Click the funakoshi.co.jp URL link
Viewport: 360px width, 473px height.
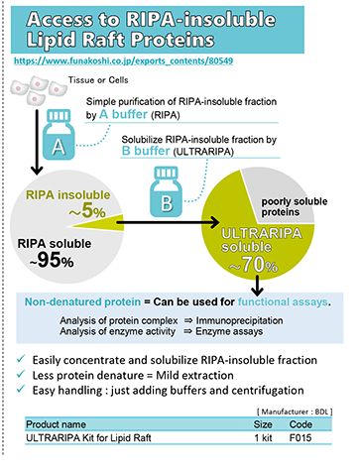(x=123, y=60)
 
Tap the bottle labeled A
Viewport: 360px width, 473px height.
(x=59, y=135)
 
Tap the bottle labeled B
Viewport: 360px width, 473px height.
(x=166, y=191)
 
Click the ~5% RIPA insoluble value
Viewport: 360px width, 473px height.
(x=87, y=210)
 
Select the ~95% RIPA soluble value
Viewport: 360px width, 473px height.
(x=52, y=260)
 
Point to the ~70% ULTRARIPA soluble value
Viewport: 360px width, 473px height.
(x=254, y=265)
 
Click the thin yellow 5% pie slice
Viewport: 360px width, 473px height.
(x=96, y=223)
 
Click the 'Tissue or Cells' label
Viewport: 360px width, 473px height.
(x=98, y=80)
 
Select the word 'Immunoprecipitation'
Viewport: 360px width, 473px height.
(x=239, y=320)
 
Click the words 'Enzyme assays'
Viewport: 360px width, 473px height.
(x=229, y=331)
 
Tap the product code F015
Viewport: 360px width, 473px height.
(x=300, y=438)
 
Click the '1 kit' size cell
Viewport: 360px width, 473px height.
(x=263, y=438)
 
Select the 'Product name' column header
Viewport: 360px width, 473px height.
(x=57, y=424)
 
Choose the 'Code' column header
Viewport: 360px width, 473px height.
(x=300, y=424)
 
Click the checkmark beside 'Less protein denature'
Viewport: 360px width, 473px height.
(x=21, y=374)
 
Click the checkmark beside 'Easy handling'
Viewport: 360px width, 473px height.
(x=21, y=389)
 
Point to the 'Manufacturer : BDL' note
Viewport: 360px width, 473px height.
(x=295, y=412)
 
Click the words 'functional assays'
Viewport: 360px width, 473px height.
(x=283, y=301)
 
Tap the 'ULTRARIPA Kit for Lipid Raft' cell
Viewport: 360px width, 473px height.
(x=88, y=438)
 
